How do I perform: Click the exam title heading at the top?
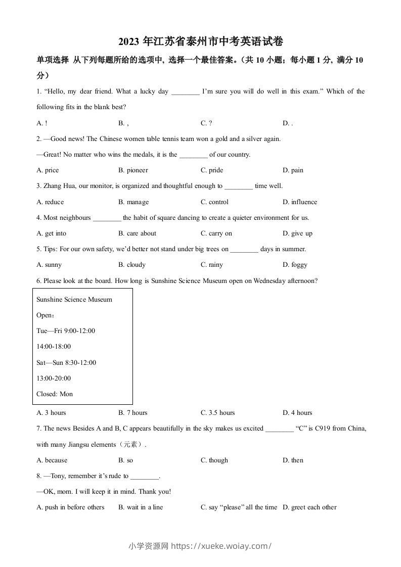(200, 42)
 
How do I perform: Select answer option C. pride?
(212, 170)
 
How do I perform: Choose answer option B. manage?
(133, 202)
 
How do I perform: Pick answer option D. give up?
(298, 233)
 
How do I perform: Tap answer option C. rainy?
(212, 265)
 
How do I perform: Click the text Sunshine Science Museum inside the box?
(74, 300)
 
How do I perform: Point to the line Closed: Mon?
(55, 394)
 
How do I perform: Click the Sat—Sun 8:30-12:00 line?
(66, 363)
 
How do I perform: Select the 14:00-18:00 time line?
(54, 347)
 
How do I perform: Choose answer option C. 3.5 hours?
(218, 413)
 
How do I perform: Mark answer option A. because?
(52, 460)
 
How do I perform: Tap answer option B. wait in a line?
(141, 507)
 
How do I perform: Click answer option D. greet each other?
(309, 507)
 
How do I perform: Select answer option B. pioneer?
(133, 170)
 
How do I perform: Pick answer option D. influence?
(300, 202)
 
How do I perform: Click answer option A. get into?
(52, 233)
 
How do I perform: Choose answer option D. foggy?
(295, 265)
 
